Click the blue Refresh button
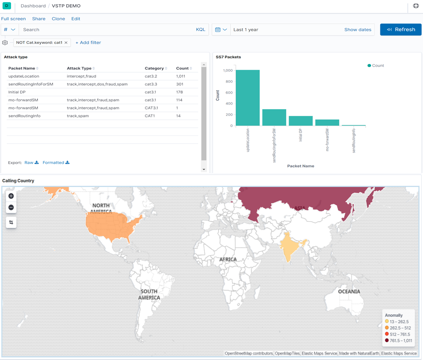point(401,30)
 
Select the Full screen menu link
point(13,19)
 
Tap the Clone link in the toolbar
point(58,19)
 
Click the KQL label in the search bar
point(200,30)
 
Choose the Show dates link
point(358,30)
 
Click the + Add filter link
point(88,43)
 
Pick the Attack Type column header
point(79,68)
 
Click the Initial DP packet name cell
point(17,92)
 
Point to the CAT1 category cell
point(151,116)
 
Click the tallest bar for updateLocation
point(248,98)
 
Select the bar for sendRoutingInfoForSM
point(274,117)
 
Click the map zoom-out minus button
point(11,207)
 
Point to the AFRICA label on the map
point(228,260)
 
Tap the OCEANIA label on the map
point(349,292)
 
